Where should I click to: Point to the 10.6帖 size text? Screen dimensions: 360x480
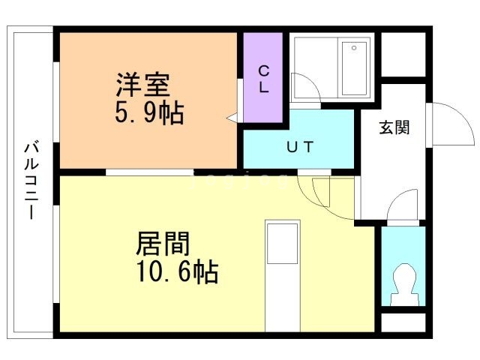177,271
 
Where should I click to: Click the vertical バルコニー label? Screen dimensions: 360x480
31,180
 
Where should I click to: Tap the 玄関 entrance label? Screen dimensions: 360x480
394,127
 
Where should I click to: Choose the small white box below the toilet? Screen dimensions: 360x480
403,322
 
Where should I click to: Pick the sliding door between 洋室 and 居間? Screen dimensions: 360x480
150,172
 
